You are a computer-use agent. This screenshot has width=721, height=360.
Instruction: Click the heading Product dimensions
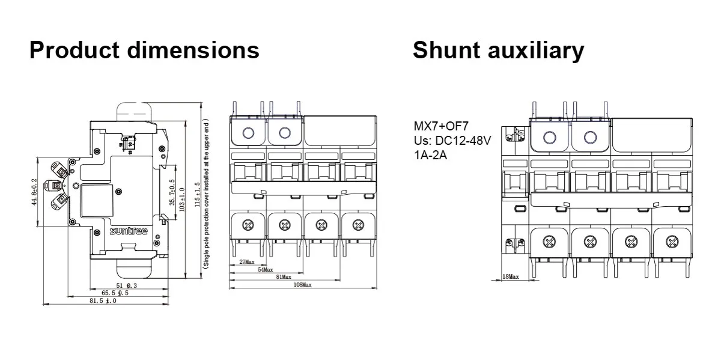point(144,50)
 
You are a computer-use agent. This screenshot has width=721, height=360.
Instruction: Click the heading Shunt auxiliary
point(498,50)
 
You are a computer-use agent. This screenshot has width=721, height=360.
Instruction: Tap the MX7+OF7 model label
point(440,126)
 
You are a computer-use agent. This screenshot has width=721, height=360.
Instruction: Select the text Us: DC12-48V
point(452,140)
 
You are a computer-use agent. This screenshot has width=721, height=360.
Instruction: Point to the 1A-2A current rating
point(430,154)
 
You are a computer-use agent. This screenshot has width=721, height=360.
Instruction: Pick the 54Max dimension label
point(265,270)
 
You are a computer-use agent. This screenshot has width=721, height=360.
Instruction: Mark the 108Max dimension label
point(302,284)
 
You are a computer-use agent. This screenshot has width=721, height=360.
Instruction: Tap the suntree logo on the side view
point(124,231)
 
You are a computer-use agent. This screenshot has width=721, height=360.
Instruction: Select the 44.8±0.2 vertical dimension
point(35,192)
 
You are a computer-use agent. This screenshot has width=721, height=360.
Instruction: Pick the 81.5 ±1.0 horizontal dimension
point(103,301)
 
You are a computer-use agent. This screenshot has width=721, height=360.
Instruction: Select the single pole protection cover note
point(205,193)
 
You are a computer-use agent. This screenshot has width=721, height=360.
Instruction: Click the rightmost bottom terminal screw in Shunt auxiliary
point(669,243)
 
